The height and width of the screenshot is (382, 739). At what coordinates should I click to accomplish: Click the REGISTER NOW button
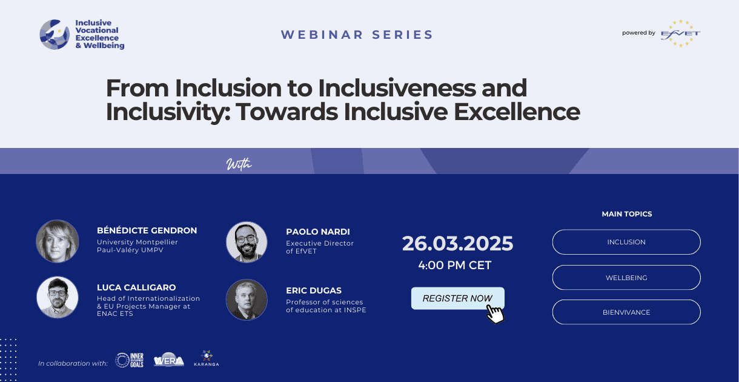tap(457, 298)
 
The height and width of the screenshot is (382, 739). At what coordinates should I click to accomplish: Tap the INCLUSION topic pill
tap(626, 242)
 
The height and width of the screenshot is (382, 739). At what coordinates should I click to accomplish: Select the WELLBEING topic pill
tap(626, 278)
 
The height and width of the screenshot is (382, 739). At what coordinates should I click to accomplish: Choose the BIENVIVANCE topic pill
tap(626, 312)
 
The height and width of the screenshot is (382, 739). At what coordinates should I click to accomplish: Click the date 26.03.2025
tap(457, 244)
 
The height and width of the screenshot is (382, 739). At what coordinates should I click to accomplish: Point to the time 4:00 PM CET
tap(455, 265)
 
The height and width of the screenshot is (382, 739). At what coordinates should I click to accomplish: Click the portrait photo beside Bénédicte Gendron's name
tap(58, 241)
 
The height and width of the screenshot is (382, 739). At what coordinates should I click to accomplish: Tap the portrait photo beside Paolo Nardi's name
tap(247, 242)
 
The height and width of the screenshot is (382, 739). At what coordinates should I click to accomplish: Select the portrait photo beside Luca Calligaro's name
tap(58, 298)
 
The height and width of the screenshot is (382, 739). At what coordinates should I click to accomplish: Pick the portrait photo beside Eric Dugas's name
tap(247, 300)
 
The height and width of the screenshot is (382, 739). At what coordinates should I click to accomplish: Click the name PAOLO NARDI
tap(317, 232)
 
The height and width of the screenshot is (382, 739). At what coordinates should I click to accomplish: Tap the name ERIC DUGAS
tap(313, 290)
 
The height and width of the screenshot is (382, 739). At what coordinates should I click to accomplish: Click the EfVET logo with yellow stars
tap(681, 33)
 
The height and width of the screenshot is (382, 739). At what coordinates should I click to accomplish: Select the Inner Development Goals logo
tap(130, 360)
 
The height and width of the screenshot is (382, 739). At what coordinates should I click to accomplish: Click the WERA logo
tap(168, 360)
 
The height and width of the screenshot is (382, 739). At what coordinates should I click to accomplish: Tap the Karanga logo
tap(207, 358)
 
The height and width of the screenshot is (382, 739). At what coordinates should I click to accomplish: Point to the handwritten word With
tap(239, 164)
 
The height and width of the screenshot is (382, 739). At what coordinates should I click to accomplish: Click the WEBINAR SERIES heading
tap(357, 35)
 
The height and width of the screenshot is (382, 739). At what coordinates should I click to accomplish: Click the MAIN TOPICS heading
tap(627, 214)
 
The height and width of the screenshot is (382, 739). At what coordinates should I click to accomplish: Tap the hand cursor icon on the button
tap(495, 314)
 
